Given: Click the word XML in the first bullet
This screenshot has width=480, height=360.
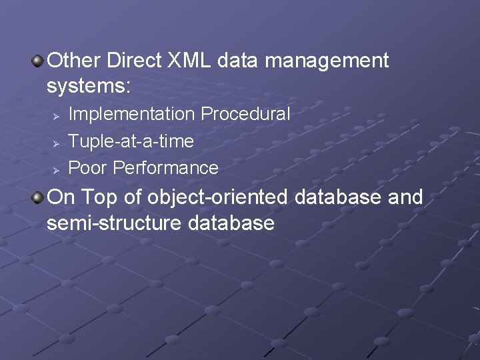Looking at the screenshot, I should [x=190, y=61].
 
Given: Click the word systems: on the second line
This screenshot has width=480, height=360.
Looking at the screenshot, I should [x=89, y=86].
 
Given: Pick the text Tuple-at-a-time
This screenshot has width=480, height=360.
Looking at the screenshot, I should [x=131, y=141].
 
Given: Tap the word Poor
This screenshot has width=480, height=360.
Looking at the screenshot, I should [x=89, y=168].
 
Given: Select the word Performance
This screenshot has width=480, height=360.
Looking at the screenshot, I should [x=166, y=168].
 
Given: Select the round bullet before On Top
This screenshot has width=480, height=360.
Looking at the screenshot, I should [x=39, y=198].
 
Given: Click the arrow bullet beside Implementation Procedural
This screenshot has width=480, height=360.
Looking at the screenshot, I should [x=57, y=115].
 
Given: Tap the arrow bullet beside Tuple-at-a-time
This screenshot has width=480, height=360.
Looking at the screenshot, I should [x=57, y=142].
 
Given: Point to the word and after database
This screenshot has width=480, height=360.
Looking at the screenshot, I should [x=404, y=197].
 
